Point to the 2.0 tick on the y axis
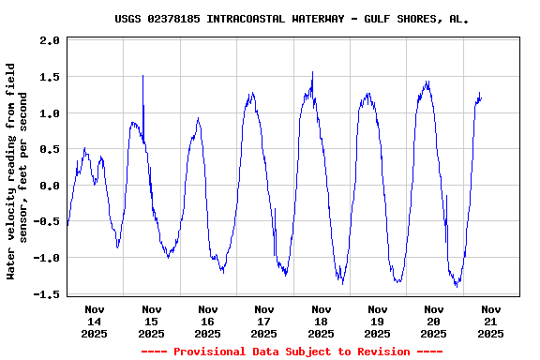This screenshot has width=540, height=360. (x=51, y=41)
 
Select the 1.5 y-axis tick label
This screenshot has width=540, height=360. (x=51, y=77)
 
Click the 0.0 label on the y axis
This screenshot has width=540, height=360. (x=51, y=186)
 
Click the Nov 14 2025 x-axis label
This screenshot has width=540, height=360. (x=95, y=321)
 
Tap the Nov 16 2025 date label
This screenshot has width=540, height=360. (x=208, y=321)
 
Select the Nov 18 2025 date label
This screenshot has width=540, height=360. (x=321, y=321)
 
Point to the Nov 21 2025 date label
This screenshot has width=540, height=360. (x=490, y=321)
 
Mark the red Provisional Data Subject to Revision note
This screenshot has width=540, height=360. (x=292, y=352)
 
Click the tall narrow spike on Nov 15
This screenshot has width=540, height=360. (x=142, y=77)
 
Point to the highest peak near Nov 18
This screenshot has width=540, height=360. (x=312, y=72)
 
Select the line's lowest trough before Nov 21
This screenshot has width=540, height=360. (x=457, y=286)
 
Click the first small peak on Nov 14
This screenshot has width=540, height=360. (x=84, y=148)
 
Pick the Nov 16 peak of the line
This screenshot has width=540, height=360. (x=198, y=118)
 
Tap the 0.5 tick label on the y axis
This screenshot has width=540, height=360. (x=51, y=149)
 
